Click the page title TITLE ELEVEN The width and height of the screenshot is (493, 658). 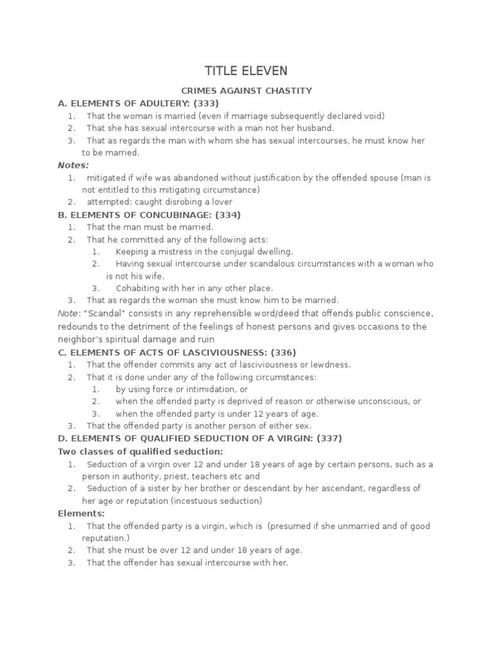(x=246, y=71)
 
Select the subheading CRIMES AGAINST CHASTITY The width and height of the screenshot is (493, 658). (x=246, y=91)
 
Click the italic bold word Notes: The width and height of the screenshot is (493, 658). (x=73, y=165)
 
